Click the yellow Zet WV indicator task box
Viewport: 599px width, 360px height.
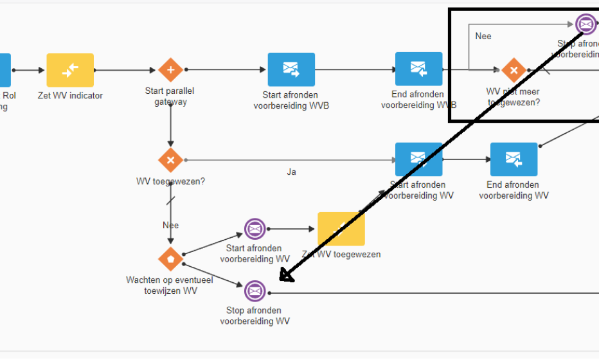point(70,70)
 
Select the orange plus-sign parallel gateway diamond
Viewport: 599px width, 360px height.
point(170,70)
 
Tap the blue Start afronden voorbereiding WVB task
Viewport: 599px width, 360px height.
point(291,69)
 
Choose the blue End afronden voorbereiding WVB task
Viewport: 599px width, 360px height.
point(418,69)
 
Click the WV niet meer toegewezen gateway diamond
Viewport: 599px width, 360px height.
point(513,70)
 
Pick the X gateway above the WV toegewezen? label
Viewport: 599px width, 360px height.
point(170,159)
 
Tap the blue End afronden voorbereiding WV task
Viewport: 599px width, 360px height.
point(514,159)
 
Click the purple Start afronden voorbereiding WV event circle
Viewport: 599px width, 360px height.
point(255,229)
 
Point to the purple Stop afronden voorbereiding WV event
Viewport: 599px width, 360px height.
point(255,291)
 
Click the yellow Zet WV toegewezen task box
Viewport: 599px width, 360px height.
point(341,230)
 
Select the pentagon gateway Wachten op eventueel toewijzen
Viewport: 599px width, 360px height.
point(170,258)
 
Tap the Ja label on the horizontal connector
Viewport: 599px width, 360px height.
point(291,172)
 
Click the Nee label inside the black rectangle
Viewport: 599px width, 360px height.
point(483,36)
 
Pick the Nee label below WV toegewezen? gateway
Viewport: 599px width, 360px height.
point(170,225)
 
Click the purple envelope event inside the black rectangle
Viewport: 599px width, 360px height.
point(586,24)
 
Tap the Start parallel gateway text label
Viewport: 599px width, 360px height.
point(170,96)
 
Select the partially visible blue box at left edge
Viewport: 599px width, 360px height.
point(5,70)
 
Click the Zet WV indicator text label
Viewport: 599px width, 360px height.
point(70,96)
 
